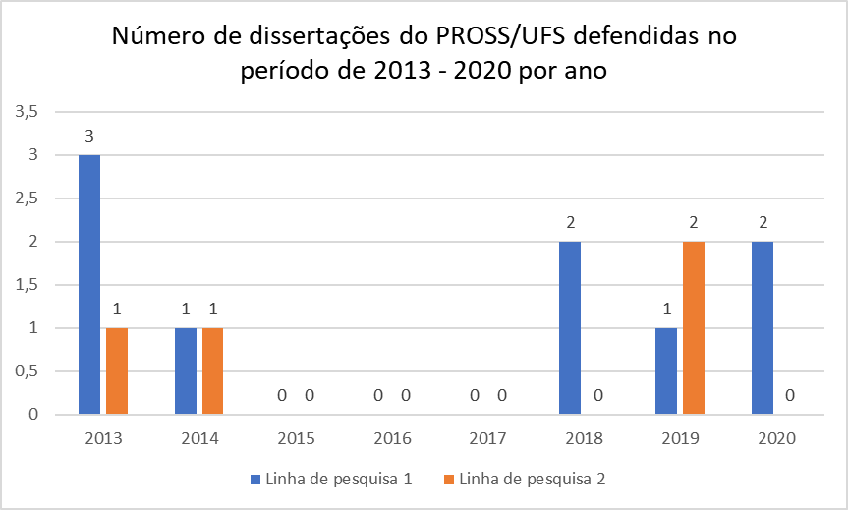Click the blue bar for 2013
[89, 284]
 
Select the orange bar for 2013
[117, 370]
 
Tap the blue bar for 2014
[186, 370]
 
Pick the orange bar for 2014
[213, 370]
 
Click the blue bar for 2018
[570, 327]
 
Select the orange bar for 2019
[693, 327]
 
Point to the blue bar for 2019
[665, 370]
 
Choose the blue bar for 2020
[763, 327]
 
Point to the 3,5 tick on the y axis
[27, 112]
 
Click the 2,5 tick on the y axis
[27, 198]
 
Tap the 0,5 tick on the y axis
[27, 370]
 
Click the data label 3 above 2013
[89, 136]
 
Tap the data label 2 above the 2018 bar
[570, 222]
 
